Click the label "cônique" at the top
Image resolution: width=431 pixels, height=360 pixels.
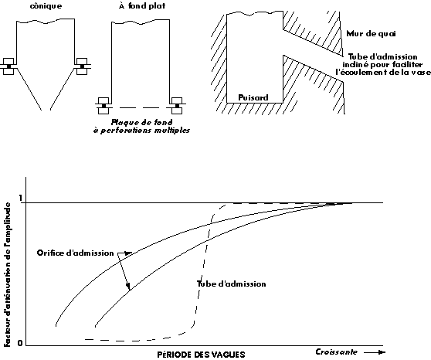click(x=46, y=6)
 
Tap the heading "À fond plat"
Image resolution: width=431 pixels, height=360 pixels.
click(x=142, y=5)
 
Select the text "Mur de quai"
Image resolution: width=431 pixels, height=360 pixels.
click(x=371, y=33)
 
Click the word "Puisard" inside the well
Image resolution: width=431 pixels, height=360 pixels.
click(x=253, y=97)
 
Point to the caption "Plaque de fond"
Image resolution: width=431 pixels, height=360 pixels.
click(x=141, y=122)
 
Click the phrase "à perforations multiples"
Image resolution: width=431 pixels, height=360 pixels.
click(x=141, y=130)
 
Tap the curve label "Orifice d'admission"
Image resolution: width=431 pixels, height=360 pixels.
click(x=76, y=253)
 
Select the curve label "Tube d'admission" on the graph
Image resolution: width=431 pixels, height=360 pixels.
click(x=232, y=284)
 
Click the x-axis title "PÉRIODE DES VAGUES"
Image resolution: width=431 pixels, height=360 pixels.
click(x=201, y=355)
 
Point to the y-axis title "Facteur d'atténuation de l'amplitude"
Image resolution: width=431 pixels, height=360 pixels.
click(x=8, y=274)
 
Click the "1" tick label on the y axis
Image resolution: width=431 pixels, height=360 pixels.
click(x=20, y=198)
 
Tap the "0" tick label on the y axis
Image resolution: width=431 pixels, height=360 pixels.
click(x=20, y=343)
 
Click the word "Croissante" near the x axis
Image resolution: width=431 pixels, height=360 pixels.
click(x=337, y=352)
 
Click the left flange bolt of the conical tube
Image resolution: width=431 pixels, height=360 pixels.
click(x=8, y=66)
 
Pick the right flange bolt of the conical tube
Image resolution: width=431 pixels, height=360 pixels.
click(x=82, y=66)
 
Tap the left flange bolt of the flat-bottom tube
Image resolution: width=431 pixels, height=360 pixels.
click(x=104, y=106)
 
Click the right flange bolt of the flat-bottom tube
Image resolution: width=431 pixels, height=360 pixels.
click(x=177, y=106)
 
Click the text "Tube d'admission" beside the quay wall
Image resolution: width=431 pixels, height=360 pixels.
click(x=383, y=57)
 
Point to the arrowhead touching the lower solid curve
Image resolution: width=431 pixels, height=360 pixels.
click(x=128, y=287)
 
